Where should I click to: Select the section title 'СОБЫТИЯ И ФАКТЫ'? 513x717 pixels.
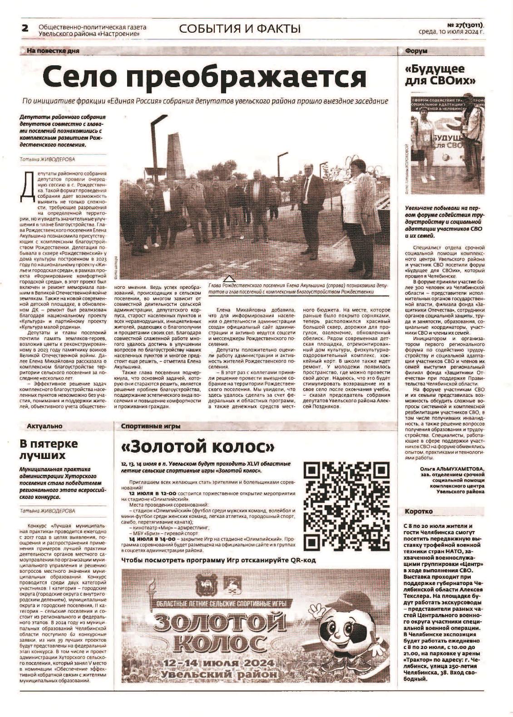(x=240, y=29)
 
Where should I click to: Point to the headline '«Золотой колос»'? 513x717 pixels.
(x=198, y=447)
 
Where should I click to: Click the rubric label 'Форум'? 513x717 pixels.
(x=416, y=51)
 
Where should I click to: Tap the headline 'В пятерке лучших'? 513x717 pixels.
(x=49, y=449)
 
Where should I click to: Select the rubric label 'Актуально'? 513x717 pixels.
(x=44, y=426)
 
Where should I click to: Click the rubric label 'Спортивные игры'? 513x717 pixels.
(x=151, y=426)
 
